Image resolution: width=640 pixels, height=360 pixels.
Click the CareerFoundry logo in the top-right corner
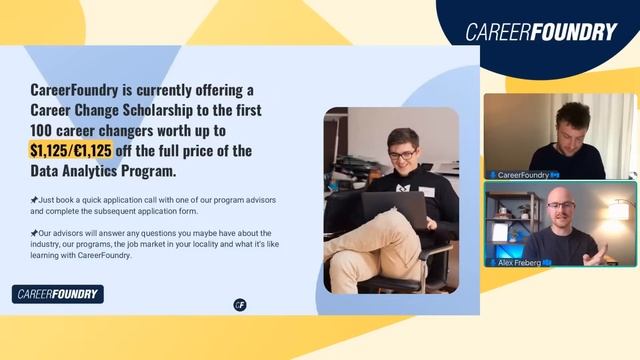click(541, 32)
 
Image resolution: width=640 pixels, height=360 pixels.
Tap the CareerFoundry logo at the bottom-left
click(58, 294)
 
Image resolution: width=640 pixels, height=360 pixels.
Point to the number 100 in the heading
click(45, 130)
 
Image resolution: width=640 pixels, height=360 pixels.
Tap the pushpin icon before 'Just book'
click(34, 200)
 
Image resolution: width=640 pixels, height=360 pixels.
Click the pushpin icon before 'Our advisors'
click(34, 233)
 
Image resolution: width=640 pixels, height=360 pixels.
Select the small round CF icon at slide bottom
click(240, 305)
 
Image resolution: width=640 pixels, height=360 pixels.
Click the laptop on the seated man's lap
click(392, 209)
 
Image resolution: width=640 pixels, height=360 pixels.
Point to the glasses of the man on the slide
click(402, 155)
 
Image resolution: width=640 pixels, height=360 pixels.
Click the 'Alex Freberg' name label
click(520, 261)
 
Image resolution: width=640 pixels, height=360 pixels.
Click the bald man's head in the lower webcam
click(561, 210)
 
